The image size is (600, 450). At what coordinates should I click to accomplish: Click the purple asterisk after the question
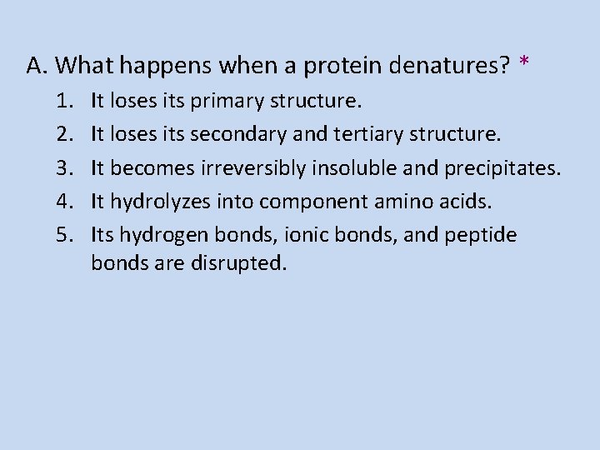pyautogui.click(x=523, y=62)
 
